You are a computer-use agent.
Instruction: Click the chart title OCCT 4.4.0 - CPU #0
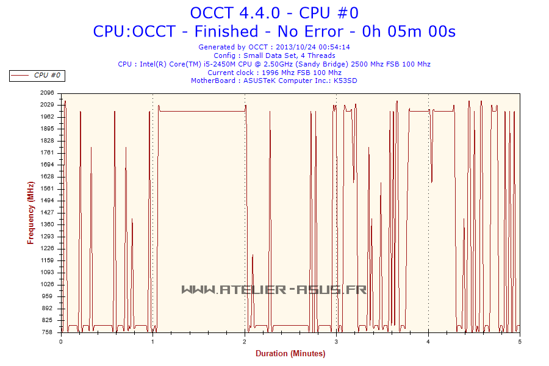[x=274, y=12]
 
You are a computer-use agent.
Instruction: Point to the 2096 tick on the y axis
[x=48, y=93]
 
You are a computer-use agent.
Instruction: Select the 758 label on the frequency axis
[x=48, y=332]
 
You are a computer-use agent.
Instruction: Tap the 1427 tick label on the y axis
[x=48, y=212]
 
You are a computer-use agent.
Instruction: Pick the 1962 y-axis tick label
[x=48, y=117]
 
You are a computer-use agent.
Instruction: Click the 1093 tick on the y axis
[x=48, y=272]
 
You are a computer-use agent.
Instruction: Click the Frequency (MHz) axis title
[x=30, y=212]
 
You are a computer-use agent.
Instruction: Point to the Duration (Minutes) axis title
[x=290, y=353]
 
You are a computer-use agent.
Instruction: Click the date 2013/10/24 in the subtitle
[x=295, y=47]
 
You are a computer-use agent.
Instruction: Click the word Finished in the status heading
[x=235, y=31]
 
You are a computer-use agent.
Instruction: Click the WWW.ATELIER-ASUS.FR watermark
[x=274, y=289]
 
